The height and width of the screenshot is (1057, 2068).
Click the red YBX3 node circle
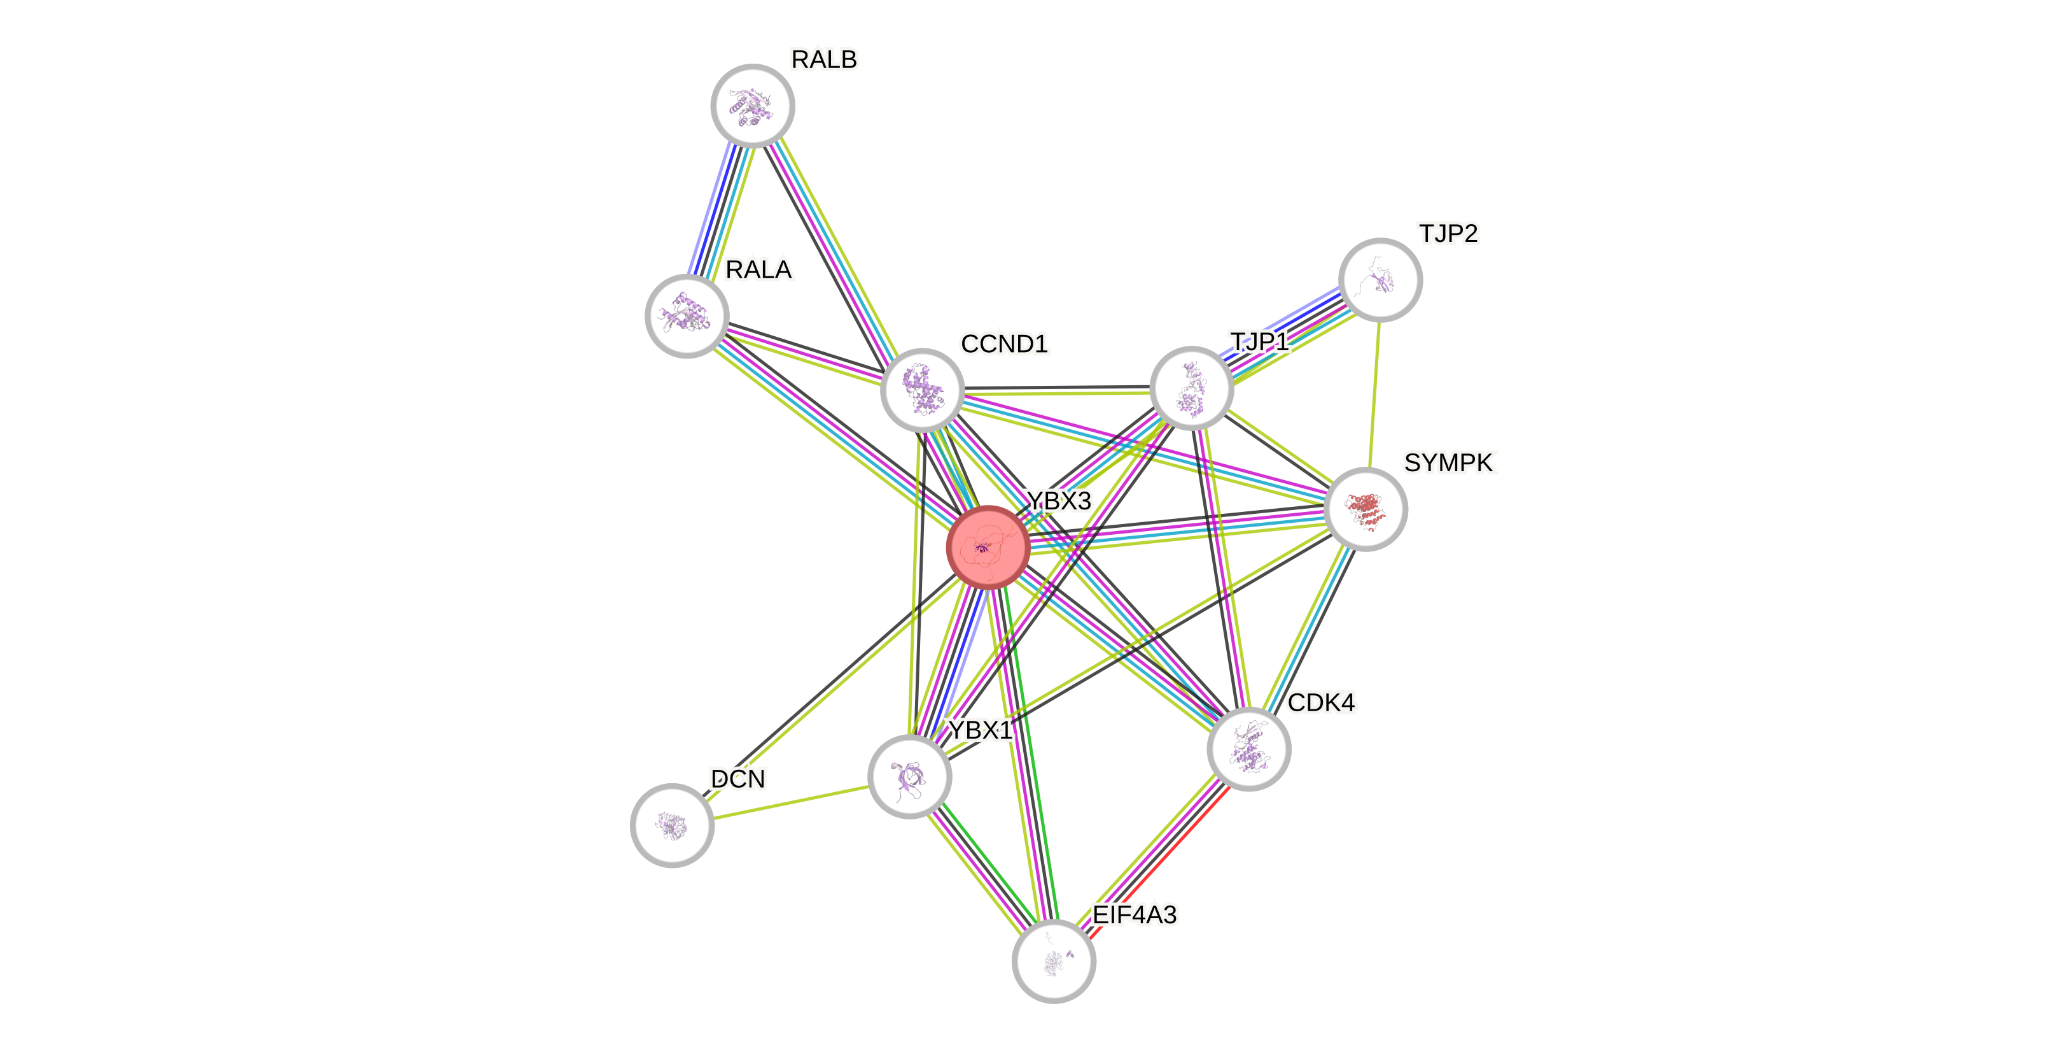tap(988, 548)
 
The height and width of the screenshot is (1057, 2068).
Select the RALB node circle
tap(752, 106)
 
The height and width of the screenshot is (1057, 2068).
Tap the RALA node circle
tap(687, 316)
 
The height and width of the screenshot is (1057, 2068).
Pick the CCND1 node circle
tap(923, 390)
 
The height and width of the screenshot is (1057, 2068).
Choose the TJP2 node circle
tap(1380, 280)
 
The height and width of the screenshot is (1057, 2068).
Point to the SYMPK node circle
tap(1365, 509)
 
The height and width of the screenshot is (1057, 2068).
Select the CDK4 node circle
tap(1248, 749)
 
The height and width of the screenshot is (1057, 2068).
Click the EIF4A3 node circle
tap(1053, 961)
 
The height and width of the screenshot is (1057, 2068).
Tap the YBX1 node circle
tap(909, 777)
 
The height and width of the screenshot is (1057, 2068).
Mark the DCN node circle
tap(672, 825)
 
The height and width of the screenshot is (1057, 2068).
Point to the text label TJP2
tap(1448, 234)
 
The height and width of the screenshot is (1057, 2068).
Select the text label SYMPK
tap(1450, 463)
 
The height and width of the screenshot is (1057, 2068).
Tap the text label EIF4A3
tap(1135, 915)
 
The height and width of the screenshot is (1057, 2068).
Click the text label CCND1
tap(1004, 344)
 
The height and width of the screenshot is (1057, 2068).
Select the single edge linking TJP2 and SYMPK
tap(1373, 394)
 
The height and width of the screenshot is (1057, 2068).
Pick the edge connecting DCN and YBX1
tap(791, 802)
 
